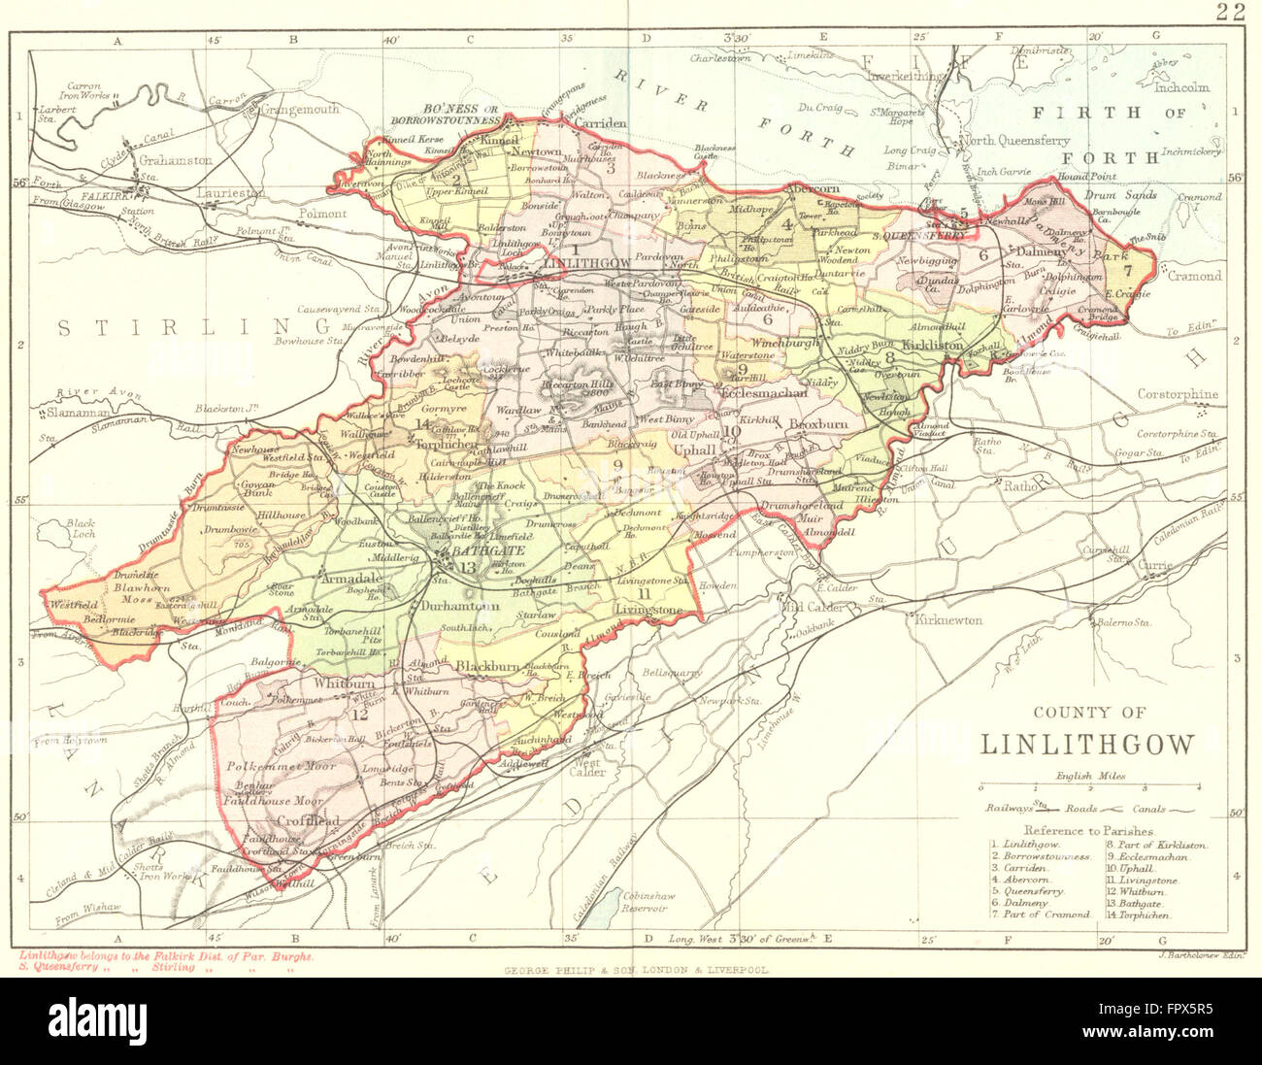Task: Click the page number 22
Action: (x=1233, y=12)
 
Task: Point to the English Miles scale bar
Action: (x=1088, y=787)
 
